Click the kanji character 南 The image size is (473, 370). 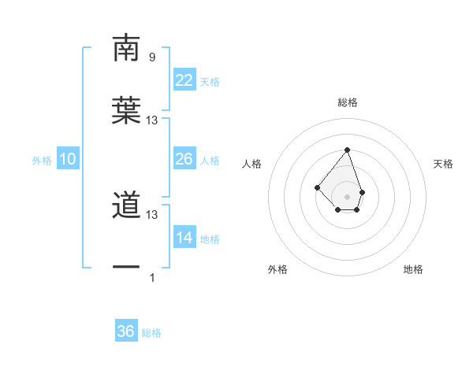[x=126, y=49]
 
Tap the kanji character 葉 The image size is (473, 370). [x=126, y=110]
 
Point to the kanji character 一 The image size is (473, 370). [x=126, y=268]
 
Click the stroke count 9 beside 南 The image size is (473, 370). [x=151, y=57]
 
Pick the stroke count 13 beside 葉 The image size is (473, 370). [x=152, y=120]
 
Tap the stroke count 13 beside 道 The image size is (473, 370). [x=152, y=214]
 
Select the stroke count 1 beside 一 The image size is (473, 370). [x=152, y=277]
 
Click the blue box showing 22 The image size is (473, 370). [x=184, y=80]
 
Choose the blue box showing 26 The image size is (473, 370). [x=184, y=159]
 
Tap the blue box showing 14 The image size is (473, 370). [x=184, y=238]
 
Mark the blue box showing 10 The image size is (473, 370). [x=68, y=159]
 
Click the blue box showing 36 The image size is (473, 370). [x=126, y=331]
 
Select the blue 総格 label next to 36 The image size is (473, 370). [x=151, y=333]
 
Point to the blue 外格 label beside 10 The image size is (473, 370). [x=42, y=161]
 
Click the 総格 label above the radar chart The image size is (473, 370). [x=347, y=102]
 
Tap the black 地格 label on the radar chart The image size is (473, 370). [x=413, y=269]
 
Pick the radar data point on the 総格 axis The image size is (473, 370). [x=347, y=150]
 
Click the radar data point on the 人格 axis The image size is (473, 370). [x=317, y=187]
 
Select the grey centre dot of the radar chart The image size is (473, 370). [x=347, y=197]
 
